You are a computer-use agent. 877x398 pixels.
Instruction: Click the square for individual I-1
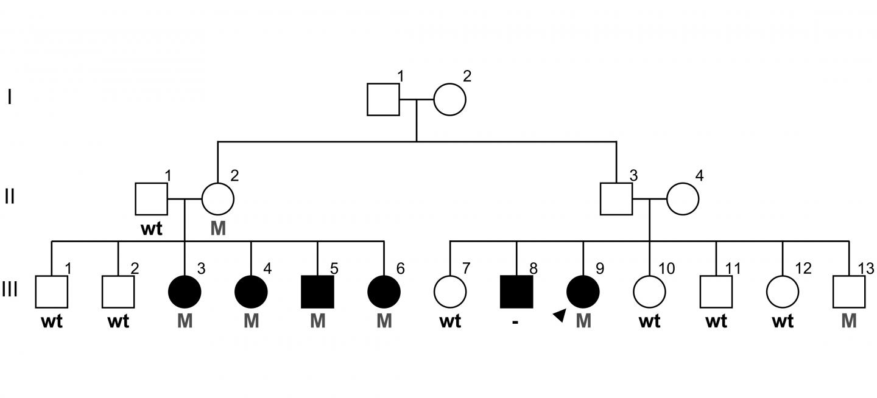point(383,99)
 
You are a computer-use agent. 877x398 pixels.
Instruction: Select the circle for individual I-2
point(449,99)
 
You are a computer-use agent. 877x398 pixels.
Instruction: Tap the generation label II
point(10,197)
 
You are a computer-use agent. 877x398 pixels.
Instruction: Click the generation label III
point(10,290)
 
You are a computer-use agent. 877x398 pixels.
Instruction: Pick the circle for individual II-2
point(217,198)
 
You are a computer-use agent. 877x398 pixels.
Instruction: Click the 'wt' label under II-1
point(152,229)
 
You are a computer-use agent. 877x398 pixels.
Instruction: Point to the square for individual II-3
point(616,198)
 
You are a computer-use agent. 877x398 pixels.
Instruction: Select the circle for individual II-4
point(683,198)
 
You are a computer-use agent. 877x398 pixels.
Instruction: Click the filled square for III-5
point(317,292)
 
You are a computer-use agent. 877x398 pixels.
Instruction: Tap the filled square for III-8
point(516,292)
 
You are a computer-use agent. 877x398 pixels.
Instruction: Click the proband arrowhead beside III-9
point(559,314)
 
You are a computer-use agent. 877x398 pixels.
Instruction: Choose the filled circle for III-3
point(185,292)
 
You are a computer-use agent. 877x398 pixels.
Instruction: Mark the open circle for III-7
point(450,292)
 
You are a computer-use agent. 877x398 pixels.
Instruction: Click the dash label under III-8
point(516,321)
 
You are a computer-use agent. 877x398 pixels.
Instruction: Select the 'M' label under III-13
point(848,321)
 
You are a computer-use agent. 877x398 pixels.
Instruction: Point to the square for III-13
point(848,292)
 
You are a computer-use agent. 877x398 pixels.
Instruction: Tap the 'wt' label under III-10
point(649,321)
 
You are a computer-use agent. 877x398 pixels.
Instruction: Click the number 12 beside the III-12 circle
point(803,268)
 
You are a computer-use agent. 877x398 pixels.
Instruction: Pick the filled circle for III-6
point(384,292)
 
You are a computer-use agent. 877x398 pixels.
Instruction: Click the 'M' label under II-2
point(218,229)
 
